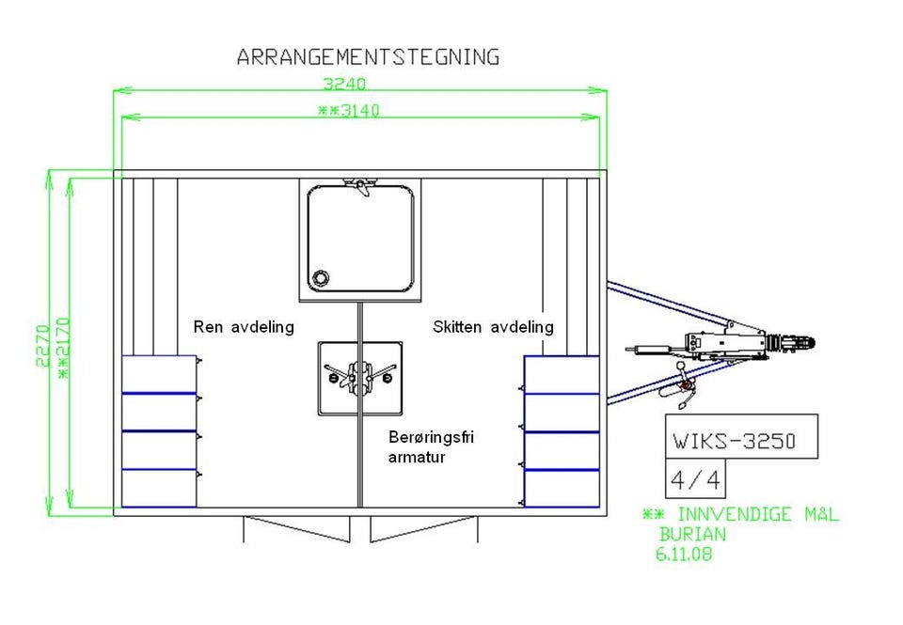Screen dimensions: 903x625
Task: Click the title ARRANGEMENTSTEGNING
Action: tap(368, 57)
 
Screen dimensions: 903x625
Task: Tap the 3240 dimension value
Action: tap(344, 84)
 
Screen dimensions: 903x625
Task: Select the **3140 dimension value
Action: tap(349, 111)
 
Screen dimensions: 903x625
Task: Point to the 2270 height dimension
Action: tap(42, 345)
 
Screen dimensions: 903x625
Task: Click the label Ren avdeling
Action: tap(244, 327)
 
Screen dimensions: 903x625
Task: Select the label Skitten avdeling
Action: tap(493, 327)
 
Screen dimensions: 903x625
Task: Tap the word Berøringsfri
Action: tap(432, 437)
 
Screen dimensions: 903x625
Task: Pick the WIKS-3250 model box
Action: tap(742, 436)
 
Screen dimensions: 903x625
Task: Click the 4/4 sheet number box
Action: tap(695, 478)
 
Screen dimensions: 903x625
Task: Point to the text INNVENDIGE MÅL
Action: tap(758, 514)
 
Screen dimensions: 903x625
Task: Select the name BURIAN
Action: tap(693, 534)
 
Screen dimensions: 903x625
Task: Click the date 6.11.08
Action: tap(684, 555)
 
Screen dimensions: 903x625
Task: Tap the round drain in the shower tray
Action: tap(320, 278)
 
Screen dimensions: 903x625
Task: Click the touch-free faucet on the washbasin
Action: tap(359, 376)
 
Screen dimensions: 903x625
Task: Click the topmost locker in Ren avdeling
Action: tap(159, 374)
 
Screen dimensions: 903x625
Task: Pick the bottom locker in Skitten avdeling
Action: tap(562, 489)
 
